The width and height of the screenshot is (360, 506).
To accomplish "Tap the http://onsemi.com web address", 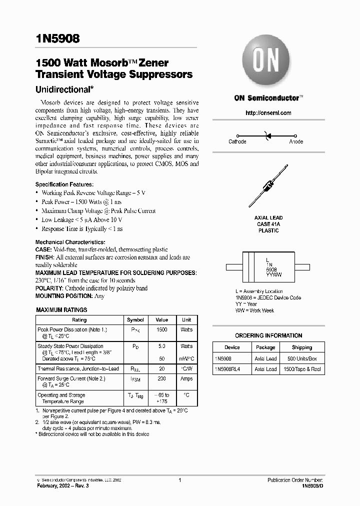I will [x=268, y=113].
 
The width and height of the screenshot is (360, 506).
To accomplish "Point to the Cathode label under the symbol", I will [x=237, y=142].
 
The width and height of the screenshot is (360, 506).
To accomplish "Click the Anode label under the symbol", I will [x=296, y=142].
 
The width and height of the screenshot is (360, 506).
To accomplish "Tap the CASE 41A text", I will [x=268, y=224].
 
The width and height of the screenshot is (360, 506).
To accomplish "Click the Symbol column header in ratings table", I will [x=135, y=320].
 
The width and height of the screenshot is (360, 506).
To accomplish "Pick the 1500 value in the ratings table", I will [x=161, y=330].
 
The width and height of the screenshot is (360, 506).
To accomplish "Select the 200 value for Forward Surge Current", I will [x=161, y=379].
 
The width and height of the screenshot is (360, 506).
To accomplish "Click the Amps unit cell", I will [x=186, y=379].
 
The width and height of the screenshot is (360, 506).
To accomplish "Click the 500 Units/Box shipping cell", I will [x=301, y=358].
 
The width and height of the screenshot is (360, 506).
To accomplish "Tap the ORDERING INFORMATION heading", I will [x=268, y=335].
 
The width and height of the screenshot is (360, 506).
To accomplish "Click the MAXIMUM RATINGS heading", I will [x=61, y=310].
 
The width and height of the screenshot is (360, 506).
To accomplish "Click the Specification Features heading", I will [x=64, y=184].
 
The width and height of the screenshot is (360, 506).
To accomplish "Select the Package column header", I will [x=265, y=347].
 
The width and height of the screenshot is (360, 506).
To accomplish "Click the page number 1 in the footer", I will [x=179, y=480].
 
